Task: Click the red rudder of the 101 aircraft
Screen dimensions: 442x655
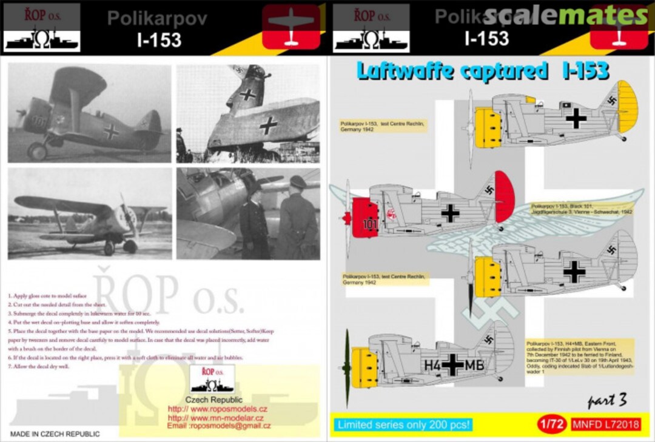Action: click(505, 195)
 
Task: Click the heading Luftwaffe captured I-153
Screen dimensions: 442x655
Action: click(482, 72)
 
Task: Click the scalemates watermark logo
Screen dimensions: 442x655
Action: click(566, 16)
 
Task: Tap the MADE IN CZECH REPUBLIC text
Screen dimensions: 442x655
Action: click(55, 434)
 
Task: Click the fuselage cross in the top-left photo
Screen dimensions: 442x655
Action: click(110, 130)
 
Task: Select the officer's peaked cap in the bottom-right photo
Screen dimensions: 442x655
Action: click(298, 182)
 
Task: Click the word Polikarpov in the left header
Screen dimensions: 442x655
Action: click(157, 18)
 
